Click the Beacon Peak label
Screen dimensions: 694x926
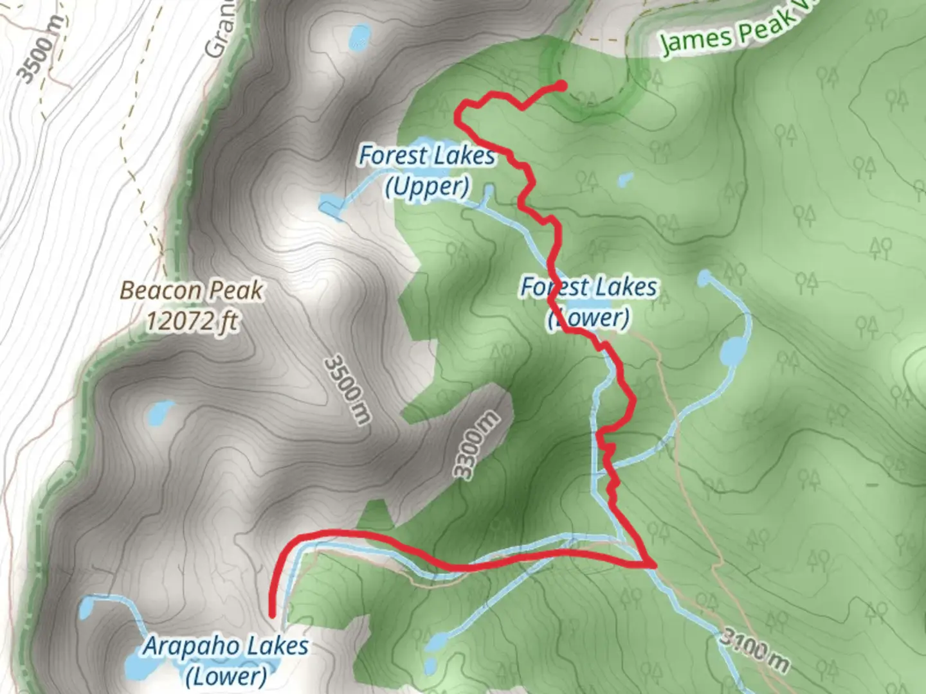point(191,290)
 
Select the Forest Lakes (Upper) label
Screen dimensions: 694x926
point(427,170)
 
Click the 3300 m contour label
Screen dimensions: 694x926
point(477,445)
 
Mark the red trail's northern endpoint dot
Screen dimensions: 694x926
point(561,85)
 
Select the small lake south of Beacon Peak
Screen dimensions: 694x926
point(159,414)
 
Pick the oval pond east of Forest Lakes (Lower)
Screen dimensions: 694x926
point(732,351)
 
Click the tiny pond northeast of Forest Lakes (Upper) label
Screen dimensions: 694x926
point(625,179)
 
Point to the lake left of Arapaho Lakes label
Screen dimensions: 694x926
point(87,606)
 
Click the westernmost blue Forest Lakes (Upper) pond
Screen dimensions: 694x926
point(329,206)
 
